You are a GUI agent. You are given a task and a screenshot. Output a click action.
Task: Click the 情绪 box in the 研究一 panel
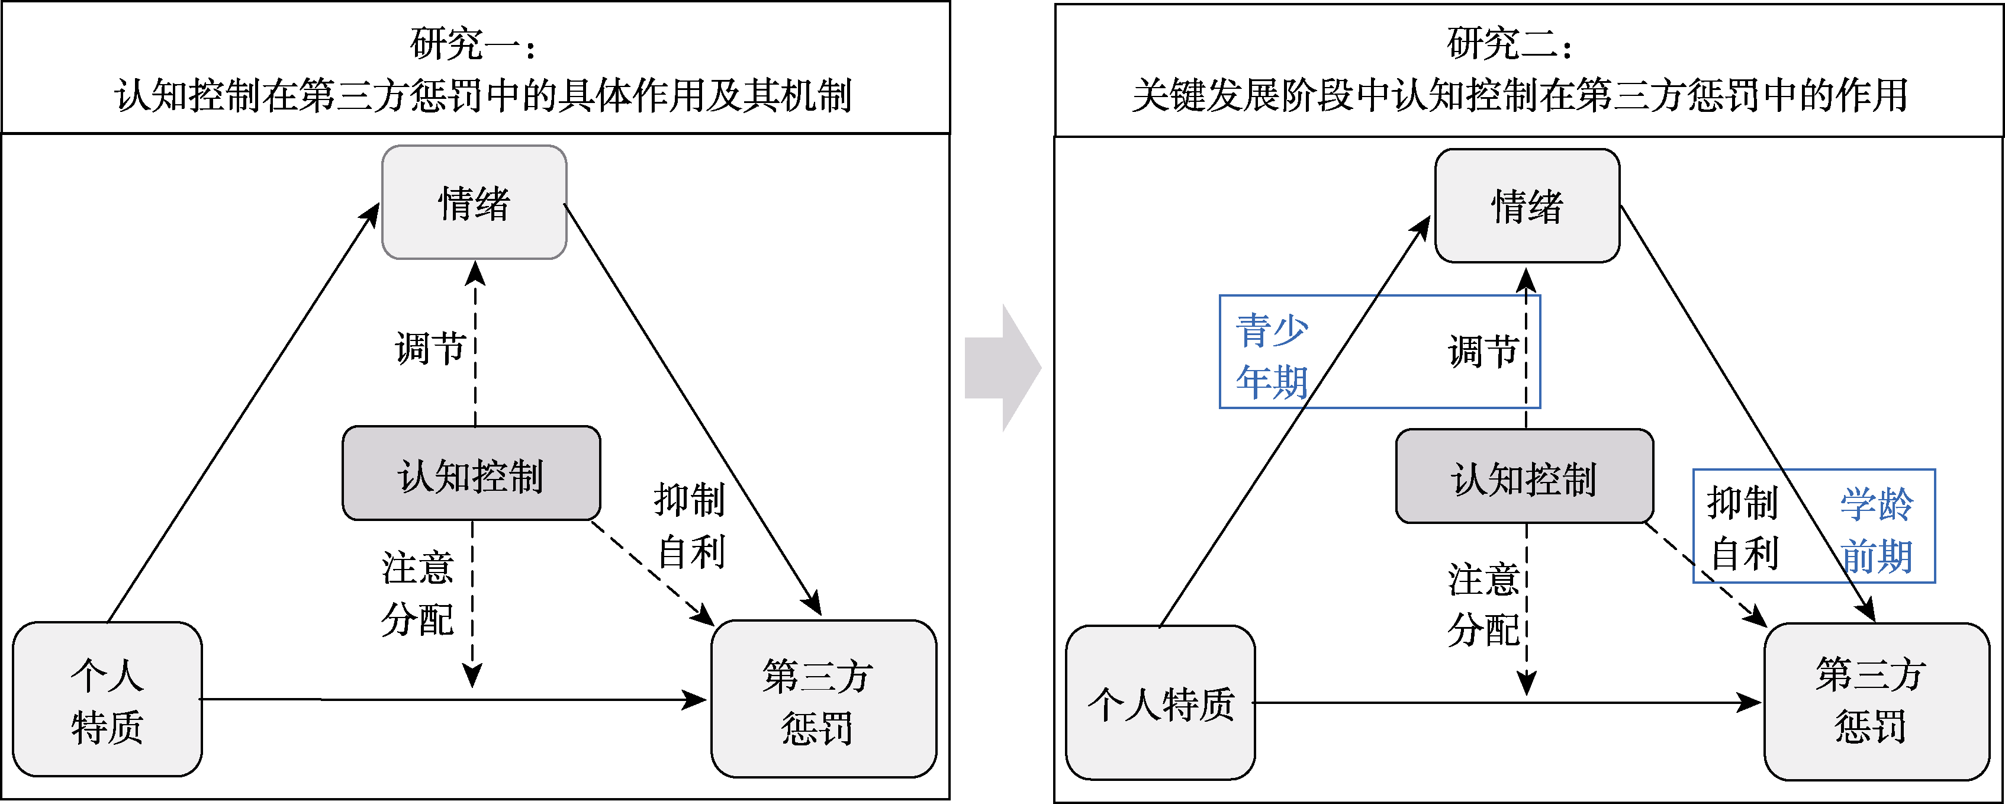[474, 202]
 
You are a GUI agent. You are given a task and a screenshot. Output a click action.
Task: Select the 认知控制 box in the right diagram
[1524, 477]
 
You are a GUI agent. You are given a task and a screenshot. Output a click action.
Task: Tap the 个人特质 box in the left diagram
[107, 700]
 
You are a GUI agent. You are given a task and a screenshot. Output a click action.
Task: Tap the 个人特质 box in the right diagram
[1160, 703]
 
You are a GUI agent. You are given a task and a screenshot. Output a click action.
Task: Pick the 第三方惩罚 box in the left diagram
[823, 700]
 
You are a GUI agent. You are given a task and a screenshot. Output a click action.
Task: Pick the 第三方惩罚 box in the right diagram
[1877, 700]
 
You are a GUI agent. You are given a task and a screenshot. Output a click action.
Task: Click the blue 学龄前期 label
[1876, 529]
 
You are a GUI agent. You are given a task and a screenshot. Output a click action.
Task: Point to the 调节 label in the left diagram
[430, 347]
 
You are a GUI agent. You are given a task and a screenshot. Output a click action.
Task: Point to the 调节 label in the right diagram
[1483, 350]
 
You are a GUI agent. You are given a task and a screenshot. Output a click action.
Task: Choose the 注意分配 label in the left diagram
[417, 593]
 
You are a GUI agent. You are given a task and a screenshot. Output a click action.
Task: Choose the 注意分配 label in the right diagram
[1483, 604]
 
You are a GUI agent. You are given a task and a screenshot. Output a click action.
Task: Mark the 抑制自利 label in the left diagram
[690, 525]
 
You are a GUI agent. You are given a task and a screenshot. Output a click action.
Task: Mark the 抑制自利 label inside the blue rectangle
[1743, 528]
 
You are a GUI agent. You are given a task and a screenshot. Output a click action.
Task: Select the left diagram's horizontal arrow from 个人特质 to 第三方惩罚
[452, 699]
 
